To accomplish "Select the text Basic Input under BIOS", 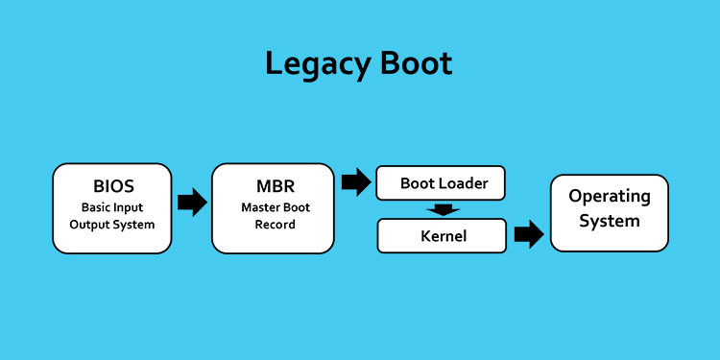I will pos(112,206).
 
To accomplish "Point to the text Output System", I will pos(112,226).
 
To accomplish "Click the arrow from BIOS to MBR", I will pos(192,202).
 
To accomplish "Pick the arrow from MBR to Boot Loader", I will pos(356,181).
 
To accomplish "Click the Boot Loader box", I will pos(441,182).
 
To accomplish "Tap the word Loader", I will pos(464,182).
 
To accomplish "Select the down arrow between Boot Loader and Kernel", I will pos(443,209).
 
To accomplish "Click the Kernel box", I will pos(441,235).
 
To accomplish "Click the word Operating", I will pos(610,197).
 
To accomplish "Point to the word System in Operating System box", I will pos(610,221).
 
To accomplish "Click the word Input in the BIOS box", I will pos(132,206).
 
